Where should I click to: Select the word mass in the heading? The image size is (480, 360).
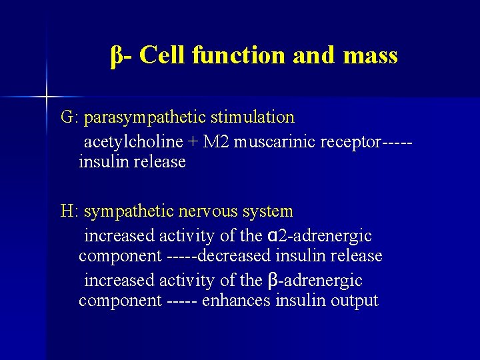pos(369,55)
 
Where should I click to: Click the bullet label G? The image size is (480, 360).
pos(70,117)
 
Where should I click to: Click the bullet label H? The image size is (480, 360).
pos(70,211)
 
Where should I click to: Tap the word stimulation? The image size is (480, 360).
pos(252,117)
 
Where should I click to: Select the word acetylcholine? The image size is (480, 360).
pos(133,142)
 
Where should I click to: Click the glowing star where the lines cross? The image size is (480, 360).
pos(47,97)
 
